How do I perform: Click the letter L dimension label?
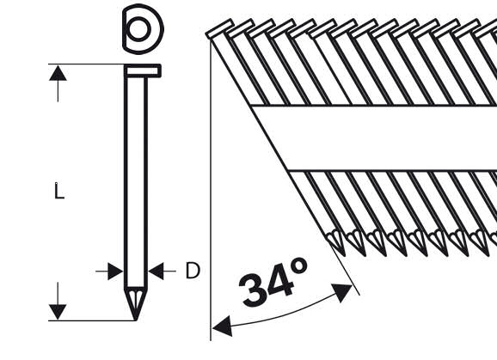click(x=59, y=191)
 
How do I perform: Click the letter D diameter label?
click(x=193, y=271)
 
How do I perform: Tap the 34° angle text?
click(x=273, y=282)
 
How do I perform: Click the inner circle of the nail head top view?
click(x=138, y=29)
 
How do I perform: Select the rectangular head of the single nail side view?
click(x=143, y=70)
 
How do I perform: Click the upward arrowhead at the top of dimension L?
click(x=58, y=73)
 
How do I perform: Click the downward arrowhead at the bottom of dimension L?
click(x=58, y=312)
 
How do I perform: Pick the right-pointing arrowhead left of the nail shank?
click(x=115, y=272)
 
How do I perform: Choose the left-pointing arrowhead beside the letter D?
click(x=156, y=271)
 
